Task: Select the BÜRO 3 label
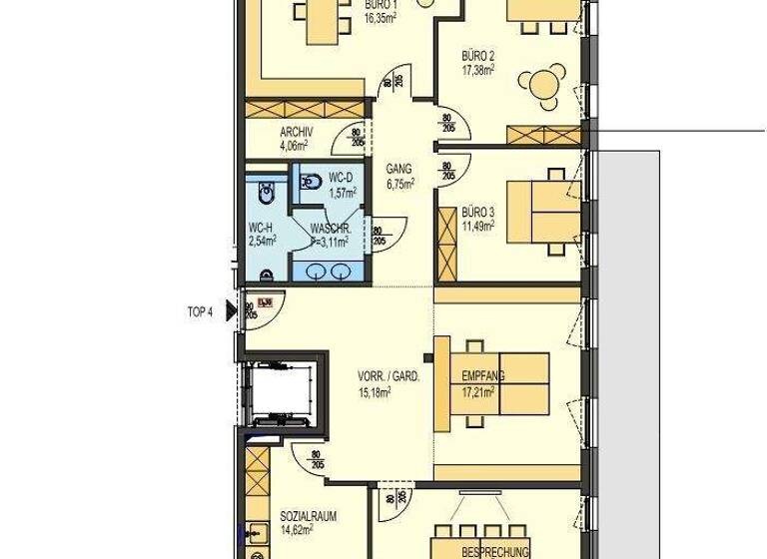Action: tap(477, 212)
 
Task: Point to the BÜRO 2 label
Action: tap(478, 57)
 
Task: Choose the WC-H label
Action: tap(261, 227)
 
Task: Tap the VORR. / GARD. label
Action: tap(388, 378)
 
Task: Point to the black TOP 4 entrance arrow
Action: tap(231, 312)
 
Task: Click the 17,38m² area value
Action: tap(479, 71)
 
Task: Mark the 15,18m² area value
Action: tap(375, 392)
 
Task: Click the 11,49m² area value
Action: tap(477, 226)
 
